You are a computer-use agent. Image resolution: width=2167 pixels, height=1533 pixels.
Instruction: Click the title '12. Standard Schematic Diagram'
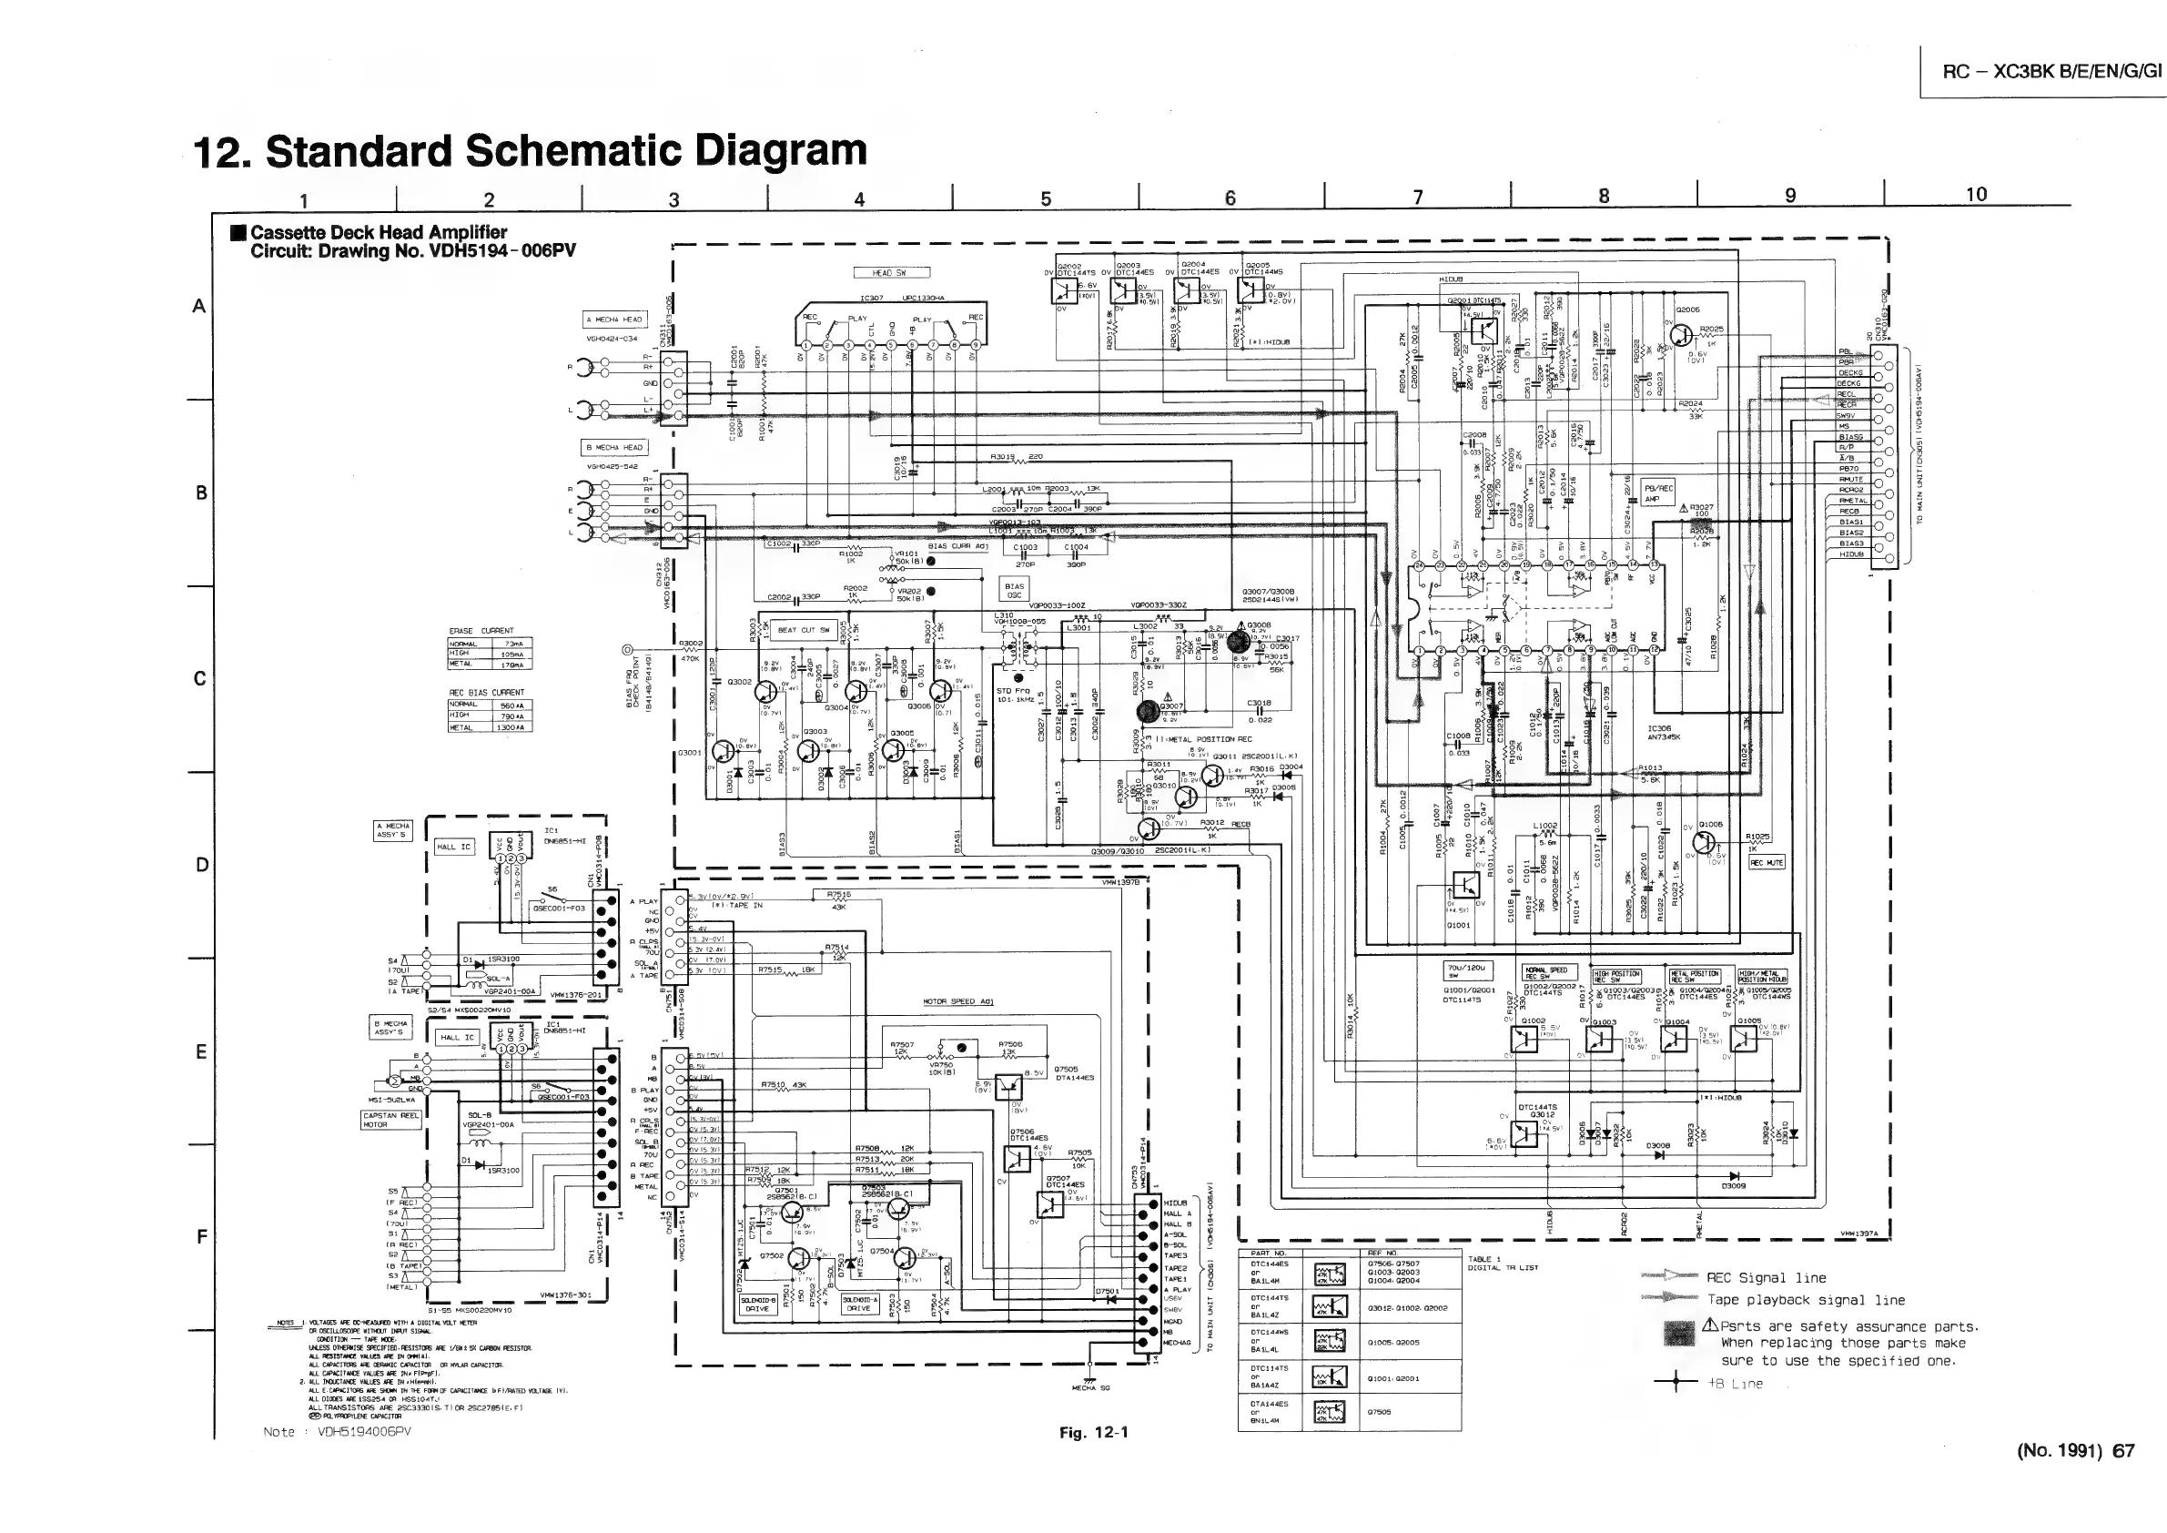(530, 151)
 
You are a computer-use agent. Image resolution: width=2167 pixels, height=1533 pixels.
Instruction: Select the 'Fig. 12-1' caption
(1093, 1432)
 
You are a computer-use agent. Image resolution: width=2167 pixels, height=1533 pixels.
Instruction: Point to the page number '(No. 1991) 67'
(2075, 1451)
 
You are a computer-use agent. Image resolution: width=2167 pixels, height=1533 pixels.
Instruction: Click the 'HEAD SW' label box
(891, 273)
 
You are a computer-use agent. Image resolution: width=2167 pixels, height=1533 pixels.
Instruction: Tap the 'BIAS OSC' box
(1014, 591)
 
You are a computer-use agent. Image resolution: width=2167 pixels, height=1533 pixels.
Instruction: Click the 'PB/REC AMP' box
(1658, 493)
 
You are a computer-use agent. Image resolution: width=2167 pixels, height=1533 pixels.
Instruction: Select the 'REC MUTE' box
(1766, 863)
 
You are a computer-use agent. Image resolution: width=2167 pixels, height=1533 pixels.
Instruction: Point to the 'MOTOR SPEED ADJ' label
(958, 1001)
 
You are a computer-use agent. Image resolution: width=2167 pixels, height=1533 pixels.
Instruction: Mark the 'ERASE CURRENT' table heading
(481, 631)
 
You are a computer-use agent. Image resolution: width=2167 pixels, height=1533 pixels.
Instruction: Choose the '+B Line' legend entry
(1735, 1384)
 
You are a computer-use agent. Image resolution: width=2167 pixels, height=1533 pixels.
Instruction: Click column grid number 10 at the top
(1975, 195)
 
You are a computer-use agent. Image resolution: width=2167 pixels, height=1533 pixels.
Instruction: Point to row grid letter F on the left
(201, 1236)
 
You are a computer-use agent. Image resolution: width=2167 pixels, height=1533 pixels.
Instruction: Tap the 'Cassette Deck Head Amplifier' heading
(379, 232)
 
